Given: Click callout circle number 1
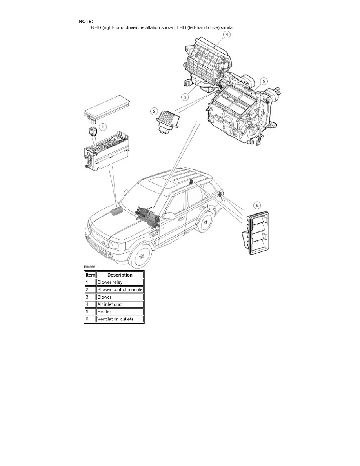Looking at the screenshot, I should click(102, 127).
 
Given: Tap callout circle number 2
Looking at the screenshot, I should click(155, 111).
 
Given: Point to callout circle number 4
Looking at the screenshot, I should click(227, 35).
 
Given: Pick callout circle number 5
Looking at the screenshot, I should click(264, 81).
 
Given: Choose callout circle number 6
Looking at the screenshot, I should click(257, 205).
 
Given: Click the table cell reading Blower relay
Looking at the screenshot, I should click(120, 282).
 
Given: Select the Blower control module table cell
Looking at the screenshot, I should click(120, 289).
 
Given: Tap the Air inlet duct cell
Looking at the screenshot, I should click(120, 304).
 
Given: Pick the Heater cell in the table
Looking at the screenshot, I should click(120, 312).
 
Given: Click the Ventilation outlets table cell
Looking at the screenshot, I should click(120, 319).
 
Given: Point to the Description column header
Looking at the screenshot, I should click(120, 275).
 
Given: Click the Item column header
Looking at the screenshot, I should click(91, 275).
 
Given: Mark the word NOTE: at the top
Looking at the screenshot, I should click(86, 21).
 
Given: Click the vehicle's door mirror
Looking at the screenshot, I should click(169, 216).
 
